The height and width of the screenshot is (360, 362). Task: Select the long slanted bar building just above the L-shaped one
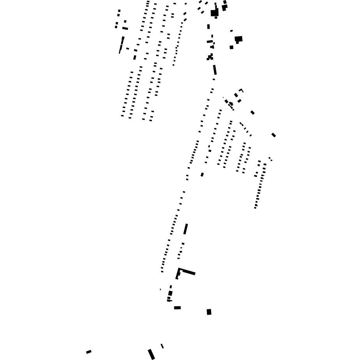click(x=186, y=229)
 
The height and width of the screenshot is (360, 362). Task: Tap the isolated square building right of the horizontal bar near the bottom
click(x=209, y=312)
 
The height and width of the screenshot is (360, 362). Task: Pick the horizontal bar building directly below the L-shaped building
click(x=177, y=308)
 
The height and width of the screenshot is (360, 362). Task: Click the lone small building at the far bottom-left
click(x=89, y=352)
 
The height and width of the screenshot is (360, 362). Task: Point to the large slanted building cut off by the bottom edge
click(x=151, y=354)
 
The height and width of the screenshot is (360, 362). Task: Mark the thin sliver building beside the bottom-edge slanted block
click(x=162, y=346)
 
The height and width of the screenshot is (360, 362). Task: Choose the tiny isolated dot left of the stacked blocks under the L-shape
click(x=160, y=289)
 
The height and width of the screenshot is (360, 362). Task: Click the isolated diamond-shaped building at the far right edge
click(x=274, y=135)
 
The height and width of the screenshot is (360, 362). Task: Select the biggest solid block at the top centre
click(x=214, y=13)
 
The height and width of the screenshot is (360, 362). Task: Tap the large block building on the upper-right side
click(x=239, y=39)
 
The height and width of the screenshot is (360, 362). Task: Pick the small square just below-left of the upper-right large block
click(x=232, y=47)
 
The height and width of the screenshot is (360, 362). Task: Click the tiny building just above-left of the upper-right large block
click(x=231, y=31)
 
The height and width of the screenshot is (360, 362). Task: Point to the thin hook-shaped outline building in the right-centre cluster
click(x=241, y=90)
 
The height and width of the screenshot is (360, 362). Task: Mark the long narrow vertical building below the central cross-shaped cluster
click(x=214, y=70)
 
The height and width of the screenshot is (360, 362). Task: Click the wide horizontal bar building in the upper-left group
click(x=125, y=28)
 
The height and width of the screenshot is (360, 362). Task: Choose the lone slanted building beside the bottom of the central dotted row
click(x=202, y=175)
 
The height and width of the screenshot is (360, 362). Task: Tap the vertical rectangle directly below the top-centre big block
click(x=209, y=26)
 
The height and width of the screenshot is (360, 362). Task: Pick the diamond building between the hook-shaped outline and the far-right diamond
click(x=253, y=113)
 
